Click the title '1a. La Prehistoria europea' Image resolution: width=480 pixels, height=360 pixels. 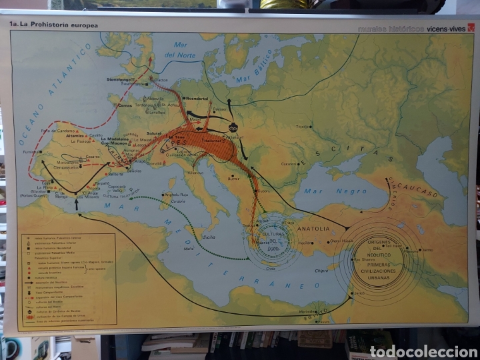tap(53, 25)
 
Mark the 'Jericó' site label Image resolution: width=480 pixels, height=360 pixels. tap(359, 293)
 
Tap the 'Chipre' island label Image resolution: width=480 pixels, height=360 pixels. tap(322, 271)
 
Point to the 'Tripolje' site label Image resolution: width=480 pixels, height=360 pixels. tap(303, 126)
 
